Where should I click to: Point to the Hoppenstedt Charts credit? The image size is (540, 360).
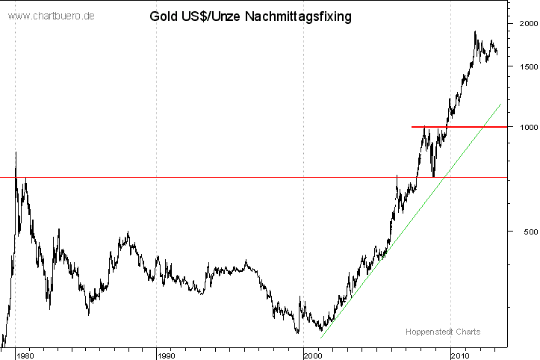(443, 332)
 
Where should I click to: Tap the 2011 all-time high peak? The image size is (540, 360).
(475, 31)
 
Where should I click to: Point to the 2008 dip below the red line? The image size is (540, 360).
(434, 176)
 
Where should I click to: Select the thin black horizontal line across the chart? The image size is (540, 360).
(224, 177)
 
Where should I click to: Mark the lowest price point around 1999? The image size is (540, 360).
(297, 333)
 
